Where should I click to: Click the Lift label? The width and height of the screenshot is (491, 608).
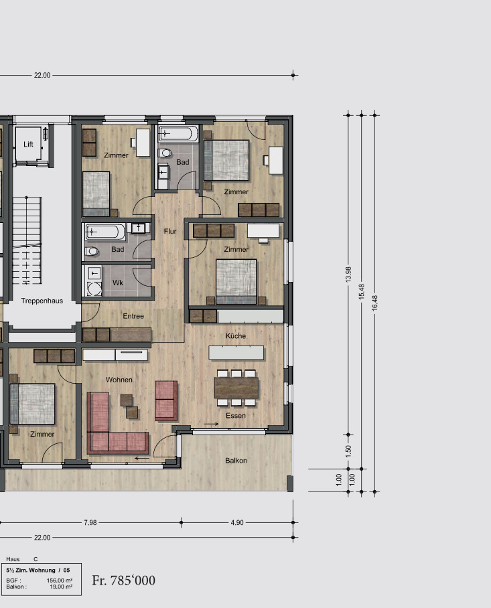point(28,144)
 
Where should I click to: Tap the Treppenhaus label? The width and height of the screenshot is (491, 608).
point(42,301)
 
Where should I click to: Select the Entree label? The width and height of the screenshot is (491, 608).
point(133,316)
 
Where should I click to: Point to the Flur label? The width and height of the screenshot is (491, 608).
point(170,231)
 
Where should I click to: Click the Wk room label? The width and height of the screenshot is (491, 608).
point(118,283)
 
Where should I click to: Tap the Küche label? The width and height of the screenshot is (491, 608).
point(236,335)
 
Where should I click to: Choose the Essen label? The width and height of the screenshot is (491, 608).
point(236,416)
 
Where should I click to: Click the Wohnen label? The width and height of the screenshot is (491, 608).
point(119,380)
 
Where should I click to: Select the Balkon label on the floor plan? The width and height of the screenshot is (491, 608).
point(236,461)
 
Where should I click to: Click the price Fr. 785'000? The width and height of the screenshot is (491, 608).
point(124,581)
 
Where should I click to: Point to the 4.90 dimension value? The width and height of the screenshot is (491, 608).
point(237,523)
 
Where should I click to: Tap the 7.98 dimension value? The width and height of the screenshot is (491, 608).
point(90,523)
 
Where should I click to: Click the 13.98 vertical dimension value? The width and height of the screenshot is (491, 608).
point(348,274)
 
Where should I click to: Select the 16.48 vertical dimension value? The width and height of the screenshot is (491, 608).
point(374,303)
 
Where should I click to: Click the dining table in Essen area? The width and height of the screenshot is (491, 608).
point(236,388)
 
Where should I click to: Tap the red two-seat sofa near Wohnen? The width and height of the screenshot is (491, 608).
point(166,401)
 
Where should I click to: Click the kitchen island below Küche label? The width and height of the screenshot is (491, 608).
point(236,353)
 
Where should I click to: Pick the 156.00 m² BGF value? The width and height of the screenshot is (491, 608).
point(60,581)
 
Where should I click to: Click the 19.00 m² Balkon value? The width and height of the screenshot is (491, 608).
point(61,587)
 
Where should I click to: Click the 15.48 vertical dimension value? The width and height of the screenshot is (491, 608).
point(362,291)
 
